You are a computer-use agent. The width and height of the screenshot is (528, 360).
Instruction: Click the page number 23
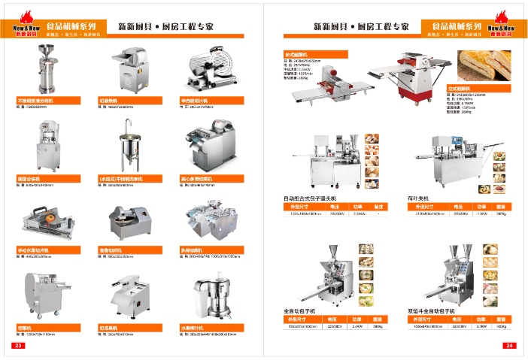[x=17, y=346]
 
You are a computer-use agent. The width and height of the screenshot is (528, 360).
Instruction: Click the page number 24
[x=509, y=346]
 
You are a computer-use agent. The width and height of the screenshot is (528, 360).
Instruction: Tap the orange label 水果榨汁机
[x=203, y=328]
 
